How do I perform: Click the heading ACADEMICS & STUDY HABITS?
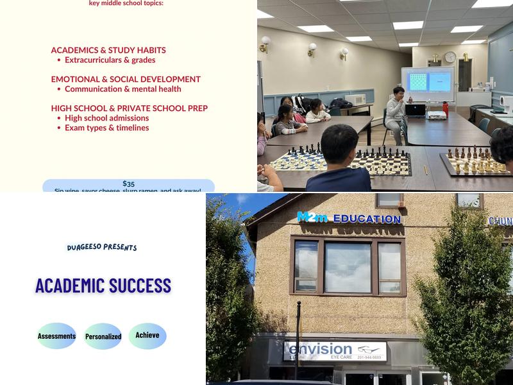click(x=108, y=50)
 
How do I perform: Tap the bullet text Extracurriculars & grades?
click(x=110, y=60)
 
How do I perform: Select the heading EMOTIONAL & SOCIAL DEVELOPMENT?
click(x=126, y=79)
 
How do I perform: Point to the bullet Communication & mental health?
click(x=122, y=89)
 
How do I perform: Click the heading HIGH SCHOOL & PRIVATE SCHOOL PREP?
click(x=129, y=108)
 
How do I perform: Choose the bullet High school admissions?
click(x=106, y=118)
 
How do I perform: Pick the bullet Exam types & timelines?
click(x=106, y=128)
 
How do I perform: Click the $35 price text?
click(x=128, y=184)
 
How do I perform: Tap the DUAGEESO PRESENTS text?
click(x=102, y=247)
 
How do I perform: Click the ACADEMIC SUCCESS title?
click(x=103, y=286)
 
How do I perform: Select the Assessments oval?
click(x=56, y=336)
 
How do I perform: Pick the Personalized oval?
click(x=103, y=336)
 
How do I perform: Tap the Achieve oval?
click(x=147, y=335)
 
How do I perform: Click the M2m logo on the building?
click(x=312, y=218)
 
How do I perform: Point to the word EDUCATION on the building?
click(x=367, y=219)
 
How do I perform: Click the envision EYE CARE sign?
click(x=335, y=351)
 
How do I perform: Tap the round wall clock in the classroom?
click(x=450, y=56)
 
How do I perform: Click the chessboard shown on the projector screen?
click(x=417, y=81)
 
